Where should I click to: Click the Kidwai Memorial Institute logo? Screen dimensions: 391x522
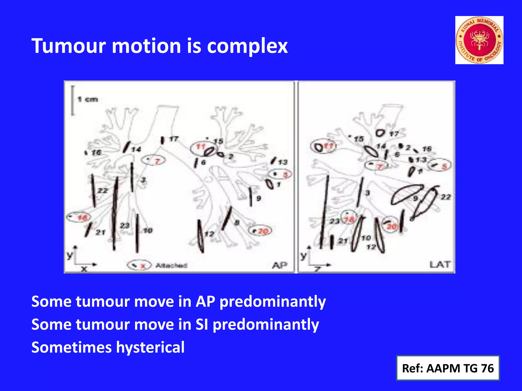479,40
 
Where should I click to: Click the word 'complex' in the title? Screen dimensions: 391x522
247,46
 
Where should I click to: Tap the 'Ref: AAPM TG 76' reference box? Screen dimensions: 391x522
448,368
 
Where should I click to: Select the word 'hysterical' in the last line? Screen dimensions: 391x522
150,347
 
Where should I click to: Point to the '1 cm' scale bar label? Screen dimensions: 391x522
88,99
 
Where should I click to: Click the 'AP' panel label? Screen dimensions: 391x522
280,265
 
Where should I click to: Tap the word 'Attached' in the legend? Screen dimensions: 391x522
171,265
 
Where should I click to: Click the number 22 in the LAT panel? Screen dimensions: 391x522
446,197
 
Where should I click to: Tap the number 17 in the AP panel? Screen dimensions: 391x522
174,139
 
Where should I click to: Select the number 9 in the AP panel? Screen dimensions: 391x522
258,198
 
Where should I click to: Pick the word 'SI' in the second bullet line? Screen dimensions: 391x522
202,325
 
